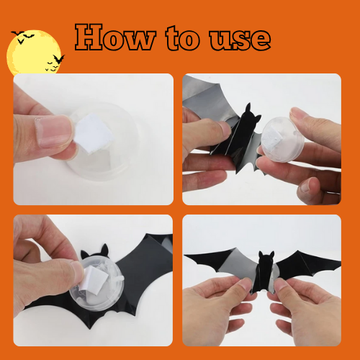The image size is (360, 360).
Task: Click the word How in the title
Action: pyautogui.click(x=115, y=37)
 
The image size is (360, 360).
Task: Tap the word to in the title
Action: pyautogui.click(x=183, y=38)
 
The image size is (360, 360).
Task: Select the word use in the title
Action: pyautogui.click(x=240, y=40)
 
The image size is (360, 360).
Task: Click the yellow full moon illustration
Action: pyautogui.click(x=34, y=52)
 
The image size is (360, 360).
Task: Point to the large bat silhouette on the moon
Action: pyautogui.click(x=59, y=59)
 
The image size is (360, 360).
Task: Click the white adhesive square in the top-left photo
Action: pyautogui.click(x=93, y=133)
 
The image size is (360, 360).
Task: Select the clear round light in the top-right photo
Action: pyautogui.click(x=282, y=140)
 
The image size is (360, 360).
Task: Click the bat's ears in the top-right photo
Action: pyautogui.click(x=253, y=113)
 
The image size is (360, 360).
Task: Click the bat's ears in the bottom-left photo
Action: pyautogui.click(x=95, y=251)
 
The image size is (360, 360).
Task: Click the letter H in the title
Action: pyautogui.click(x=89, y=37)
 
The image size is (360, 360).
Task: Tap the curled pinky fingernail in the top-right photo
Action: pyautogui.click(x=305, y=186)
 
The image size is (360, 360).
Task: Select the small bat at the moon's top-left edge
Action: pyautogui.click(x=17, y=33)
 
